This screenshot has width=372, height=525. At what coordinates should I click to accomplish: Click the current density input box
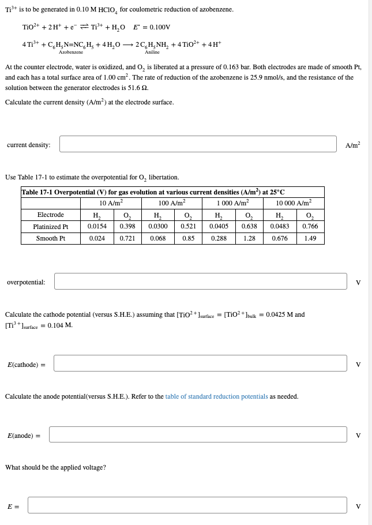[198, 144]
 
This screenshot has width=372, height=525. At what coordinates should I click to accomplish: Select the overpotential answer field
[201, 282]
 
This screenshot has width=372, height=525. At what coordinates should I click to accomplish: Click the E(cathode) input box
[201, 363]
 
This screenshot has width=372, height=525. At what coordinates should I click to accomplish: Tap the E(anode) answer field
[198, 434]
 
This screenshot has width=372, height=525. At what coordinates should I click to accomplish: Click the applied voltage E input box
[187, 505]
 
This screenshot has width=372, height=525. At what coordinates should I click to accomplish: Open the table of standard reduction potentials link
[216, 396]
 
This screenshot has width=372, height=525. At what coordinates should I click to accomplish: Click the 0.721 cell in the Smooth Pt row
[127, 238]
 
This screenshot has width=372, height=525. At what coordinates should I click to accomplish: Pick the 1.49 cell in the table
[310, 238]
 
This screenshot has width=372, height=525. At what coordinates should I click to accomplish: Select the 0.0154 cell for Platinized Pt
[96, 227]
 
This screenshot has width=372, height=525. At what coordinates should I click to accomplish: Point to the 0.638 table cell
[249, 227]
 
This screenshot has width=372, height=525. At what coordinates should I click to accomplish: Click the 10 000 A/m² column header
[294, 203]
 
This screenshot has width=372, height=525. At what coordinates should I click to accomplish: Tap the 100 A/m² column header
[171, 203]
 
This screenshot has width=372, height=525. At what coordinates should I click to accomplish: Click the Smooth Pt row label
[51, 238]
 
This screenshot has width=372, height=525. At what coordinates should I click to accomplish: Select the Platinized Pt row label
[51, 227]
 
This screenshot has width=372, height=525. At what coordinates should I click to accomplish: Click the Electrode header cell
[51, 215]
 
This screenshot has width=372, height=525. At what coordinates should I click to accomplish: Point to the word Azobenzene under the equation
[71, 52]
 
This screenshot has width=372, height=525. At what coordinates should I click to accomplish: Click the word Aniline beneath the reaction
[152, 52]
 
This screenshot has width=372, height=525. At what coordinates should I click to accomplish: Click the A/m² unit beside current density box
[352, 145]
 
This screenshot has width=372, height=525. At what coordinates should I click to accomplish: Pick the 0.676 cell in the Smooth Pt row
[280, 238]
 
